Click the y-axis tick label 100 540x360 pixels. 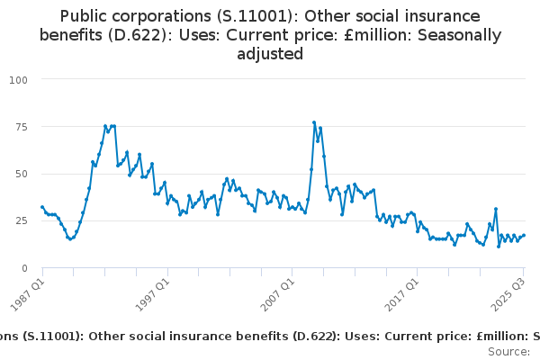[19, 79]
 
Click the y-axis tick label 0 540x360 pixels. [24, 268]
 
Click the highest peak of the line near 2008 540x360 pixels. [314, 122]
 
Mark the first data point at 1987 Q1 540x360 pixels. [42, 207]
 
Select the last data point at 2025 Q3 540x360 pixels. [524, 236]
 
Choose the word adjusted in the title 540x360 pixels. [270, 54]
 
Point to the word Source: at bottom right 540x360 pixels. [508, 351]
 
